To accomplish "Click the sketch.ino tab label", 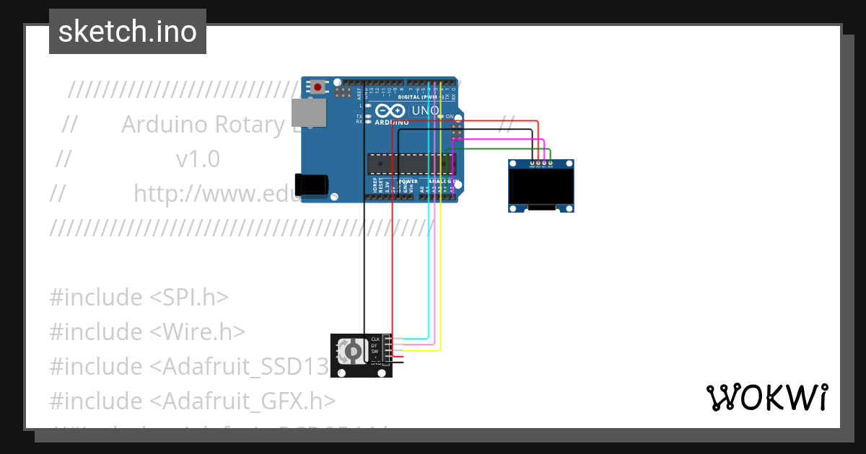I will (127, 32).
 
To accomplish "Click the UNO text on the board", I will (424, 111).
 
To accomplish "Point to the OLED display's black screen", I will (541, 187).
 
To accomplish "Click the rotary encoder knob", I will (353, 351).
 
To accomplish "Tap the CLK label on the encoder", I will (375, 339).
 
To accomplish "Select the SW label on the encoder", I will (375, 351).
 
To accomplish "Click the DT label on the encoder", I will (374, 345).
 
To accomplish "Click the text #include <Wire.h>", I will (147, 331).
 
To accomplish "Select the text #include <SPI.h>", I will (139, 297).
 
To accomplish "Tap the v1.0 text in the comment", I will (198, 159).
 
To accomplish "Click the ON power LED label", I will (449, 116).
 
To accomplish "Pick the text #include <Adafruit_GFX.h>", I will (192, 401).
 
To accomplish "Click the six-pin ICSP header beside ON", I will (456, 131).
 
